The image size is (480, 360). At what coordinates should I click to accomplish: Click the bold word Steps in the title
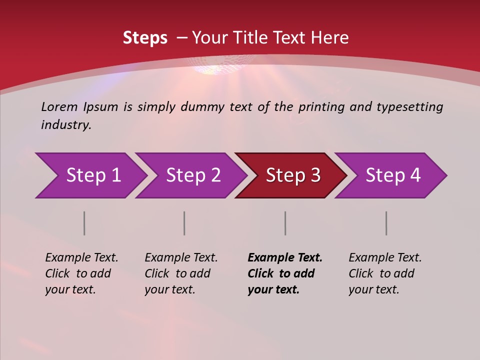pyautogui.click(x=145, y=38)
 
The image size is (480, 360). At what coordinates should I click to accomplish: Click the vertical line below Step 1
pyautogui.click(x=84, y=223)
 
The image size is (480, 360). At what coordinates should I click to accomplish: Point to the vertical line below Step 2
pyautogui.click(x=184, y=223)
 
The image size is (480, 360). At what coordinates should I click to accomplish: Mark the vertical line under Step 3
pyautogui.click(x=285, y=223)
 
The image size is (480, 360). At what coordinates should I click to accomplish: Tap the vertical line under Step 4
pyautogui.click(x=386, y=223)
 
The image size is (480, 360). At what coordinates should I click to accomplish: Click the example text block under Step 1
pyautogui.click(x=81, y=273)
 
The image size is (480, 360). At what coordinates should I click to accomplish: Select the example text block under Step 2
pyautogui.click(x=181, y=273)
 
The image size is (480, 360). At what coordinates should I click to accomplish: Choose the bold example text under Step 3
pyautogui.click(x=285, y=273)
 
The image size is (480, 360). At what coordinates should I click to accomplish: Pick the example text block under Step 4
pyautogui.click(x=385, y=273)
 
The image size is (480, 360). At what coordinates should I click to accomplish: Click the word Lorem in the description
pyautogui.click(x=59, y=107)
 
